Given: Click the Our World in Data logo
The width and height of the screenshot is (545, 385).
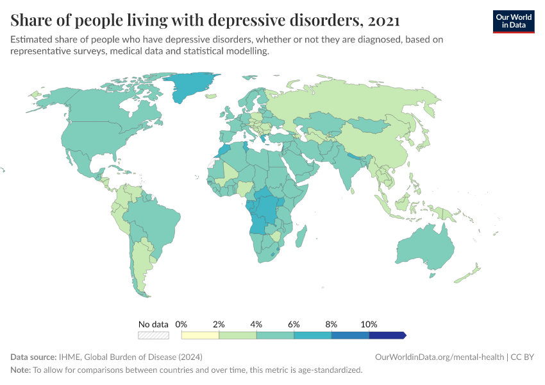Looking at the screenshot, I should coord(513,21).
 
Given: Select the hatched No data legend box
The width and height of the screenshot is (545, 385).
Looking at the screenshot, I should coord(153,335).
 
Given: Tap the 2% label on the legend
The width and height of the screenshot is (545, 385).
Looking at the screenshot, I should coord(219,324).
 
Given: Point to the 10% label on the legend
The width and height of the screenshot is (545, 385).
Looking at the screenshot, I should coord(369,324).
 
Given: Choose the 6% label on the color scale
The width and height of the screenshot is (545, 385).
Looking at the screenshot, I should coord(294,324).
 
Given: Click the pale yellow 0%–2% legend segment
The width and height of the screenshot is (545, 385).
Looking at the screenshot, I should coord(200,335).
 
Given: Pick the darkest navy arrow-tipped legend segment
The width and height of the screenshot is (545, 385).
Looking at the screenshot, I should coord(387,335).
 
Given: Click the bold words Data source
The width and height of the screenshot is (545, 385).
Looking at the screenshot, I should coord(33,357).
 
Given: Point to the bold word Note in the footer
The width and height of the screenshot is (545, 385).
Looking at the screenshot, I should coord(20,370).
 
